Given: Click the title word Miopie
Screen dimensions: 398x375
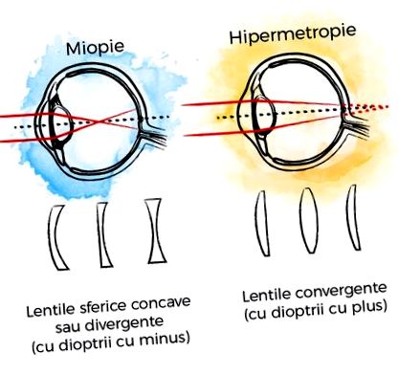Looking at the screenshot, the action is point(95,47).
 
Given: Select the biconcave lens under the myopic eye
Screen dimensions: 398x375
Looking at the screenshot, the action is point(157,232).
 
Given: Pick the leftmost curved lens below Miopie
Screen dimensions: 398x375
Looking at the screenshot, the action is point(57,237).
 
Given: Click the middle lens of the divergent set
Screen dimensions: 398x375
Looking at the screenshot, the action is point(103,234).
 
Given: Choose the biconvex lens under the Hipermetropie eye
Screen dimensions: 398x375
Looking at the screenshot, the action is point(309,220).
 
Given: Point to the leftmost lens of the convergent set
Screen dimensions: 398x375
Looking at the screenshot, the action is point(262,223).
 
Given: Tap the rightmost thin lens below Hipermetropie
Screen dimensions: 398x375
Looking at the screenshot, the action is point(353,217).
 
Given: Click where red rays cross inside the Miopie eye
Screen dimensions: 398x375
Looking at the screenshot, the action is point(100,121).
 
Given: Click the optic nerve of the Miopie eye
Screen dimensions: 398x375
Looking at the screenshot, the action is point(154,136).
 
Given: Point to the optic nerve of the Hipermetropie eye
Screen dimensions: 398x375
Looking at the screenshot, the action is point(358,125).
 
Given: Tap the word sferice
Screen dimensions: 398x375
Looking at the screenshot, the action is point(103,308).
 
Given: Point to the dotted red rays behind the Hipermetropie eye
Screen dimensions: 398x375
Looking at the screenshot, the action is point(366,108).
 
